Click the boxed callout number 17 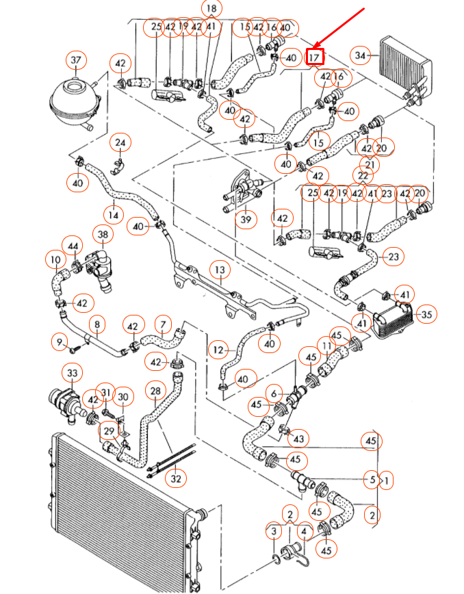pos(314,56)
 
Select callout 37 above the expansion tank pos(76,61)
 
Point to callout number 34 pos(361,55)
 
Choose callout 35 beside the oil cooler pos(426,315)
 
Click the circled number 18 pos(212,10)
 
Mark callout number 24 pos(120,142)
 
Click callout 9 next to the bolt pos(60,340)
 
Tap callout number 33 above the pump pos(72,373)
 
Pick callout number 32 pos(176,479)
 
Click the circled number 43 pos(298,437)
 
